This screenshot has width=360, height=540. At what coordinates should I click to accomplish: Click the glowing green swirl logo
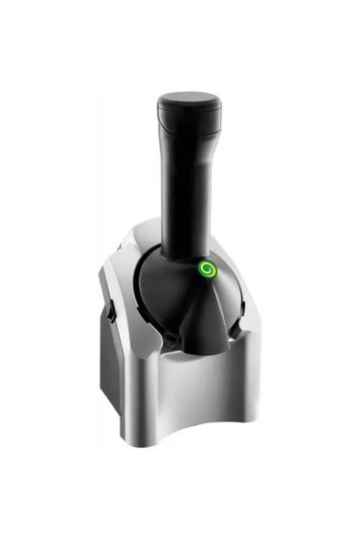tap(206, 271)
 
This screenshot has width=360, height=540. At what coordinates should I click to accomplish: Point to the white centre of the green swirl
tap(206, 271)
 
